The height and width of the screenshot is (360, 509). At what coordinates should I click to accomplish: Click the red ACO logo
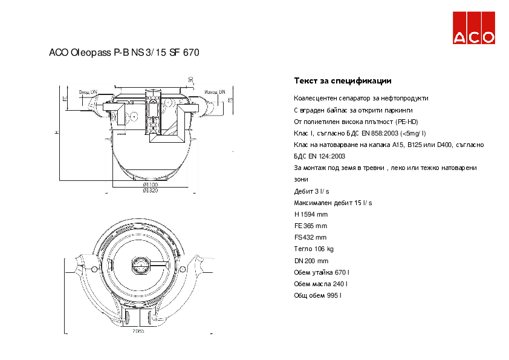[x=475, y=28]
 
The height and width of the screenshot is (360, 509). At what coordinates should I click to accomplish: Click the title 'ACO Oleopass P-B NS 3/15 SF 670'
[x=124, y=53]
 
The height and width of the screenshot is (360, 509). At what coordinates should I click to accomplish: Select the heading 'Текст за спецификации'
[x=343, y=80]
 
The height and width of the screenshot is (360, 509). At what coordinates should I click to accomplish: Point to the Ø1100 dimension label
[x=150, y=183]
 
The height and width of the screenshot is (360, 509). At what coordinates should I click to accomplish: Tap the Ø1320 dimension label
[x=150, y=190]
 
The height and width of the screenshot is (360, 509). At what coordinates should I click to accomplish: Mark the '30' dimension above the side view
[x=190, y=79]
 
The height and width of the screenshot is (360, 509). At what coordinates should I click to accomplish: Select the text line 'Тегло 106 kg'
[x=314, y=249]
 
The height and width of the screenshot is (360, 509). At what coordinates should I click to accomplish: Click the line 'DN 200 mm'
[x=311, y=261]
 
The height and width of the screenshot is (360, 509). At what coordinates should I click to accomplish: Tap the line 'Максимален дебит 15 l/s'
[x=333, y=203]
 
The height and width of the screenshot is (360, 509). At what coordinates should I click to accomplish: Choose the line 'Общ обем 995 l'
[x=318, y=295]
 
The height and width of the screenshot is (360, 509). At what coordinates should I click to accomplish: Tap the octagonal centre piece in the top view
[x=140, y=264]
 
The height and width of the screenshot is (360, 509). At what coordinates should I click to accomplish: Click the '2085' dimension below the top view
[x=139, y=330]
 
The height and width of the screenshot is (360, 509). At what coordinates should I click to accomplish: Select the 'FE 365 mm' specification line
[x=310, y=226]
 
